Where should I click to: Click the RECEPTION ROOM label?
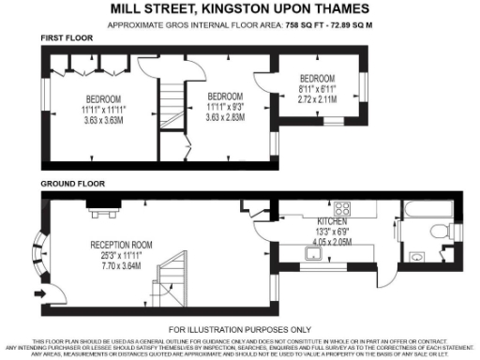[x=122, y=243]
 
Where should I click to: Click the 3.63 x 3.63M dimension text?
[x=103, y=120]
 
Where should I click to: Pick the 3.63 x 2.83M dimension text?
[x=225, y=117]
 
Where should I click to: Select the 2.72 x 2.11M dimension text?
[x=317, y=97]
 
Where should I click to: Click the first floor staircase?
[x=170, y=112]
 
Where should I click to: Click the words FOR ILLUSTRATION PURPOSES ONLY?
[x=241, y=330]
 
